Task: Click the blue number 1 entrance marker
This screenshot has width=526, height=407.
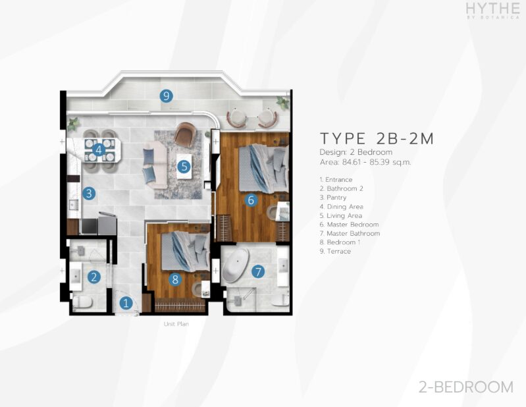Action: coord(126,303)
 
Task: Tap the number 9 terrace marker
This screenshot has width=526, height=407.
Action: coord(166,96)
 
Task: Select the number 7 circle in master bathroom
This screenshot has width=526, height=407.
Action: coord(258,271)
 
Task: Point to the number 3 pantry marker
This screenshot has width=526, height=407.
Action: coord(89,193)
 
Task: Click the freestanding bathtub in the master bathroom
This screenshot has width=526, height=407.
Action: coord(236,265)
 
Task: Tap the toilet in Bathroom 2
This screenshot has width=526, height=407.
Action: coord(82,303)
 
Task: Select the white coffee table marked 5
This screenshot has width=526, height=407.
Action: coord(184,166)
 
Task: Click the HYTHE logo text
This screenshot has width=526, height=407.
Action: coord(492,9)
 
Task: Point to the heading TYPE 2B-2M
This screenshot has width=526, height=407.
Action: coord(377,138)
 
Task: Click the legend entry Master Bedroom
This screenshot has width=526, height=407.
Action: coord(349,225)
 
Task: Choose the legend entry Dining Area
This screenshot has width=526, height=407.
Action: coord(342,207)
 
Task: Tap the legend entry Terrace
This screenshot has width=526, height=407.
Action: coord(335,252)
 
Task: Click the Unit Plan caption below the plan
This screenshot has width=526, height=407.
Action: coord(176,324)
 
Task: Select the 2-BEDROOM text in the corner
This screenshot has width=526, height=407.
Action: coord(466,387)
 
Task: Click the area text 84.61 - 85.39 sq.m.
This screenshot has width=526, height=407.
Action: coord(377,163)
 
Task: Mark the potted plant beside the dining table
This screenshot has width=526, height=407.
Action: coord(73,124)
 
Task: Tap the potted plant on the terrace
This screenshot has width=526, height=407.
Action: coord(283,102)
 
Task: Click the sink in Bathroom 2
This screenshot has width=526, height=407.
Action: coord(76,277)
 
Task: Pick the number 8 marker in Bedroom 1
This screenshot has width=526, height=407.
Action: coord(174,279)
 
